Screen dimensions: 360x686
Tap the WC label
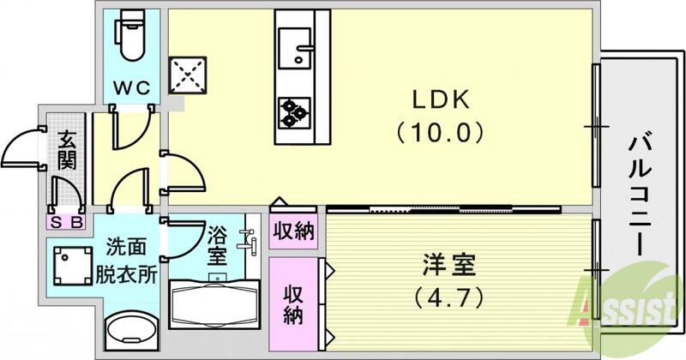[x=134, y=87]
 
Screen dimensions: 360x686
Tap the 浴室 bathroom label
[x=218, y=245]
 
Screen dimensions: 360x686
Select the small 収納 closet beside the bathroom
[x=292, y=230]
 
